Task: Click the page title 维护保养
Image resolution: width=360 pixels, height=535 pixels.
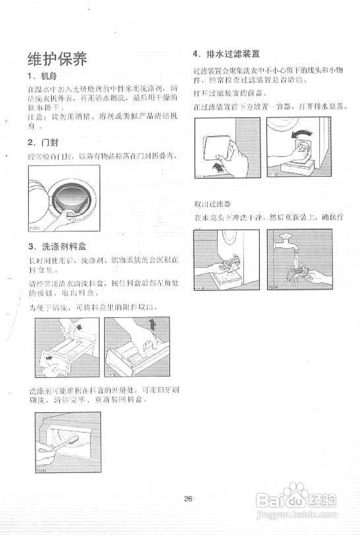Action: pyautogui.click(x=57, y=59)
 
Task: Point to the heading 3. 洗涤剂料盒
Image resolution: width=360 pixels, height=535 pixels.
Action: pyautogui.click(x=57, y=246)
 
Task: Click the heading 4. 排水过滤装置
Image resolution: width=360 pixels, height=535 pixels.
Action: pyautogui.click(x=226, y=53)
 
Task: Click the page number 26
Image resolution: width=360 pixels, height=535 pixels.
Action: pyautogui.click(x=188, y=498)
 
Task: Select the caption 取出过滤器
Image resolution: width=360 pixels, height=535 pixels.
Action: pyautogui.click(x=212, y=204)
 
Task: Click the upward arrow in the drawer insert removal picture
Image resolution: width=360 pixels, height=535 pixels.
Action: pyautogui.click(x=152, y=324)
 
